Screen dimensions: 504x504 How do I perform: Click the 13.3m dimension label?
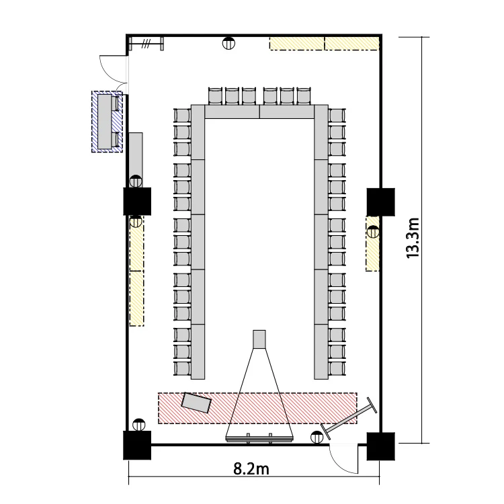pos(413,238)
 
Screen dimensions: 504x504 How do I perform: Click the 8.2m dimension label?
pos(251,469)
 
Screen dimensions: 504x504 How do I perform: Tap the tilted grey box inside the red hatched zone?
pos(196,403)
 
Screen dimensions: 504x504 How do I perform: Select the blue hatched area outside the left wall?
pos(107,122)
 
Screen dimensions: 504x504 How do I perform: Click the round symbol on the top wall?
pos(228,43)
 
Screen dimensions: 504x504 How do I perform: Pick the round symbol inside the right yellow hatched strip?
pos(373,232)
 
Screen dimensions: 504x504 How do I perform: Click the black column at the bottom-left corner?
pos(137,445)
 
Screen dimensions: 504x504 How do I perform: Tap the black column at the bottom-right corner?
pos(381,446)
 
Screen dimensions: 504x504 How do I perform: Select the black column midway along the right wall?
pos(381,202)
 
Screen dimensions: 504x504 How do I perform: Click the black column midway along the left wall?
pos(137,202)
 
